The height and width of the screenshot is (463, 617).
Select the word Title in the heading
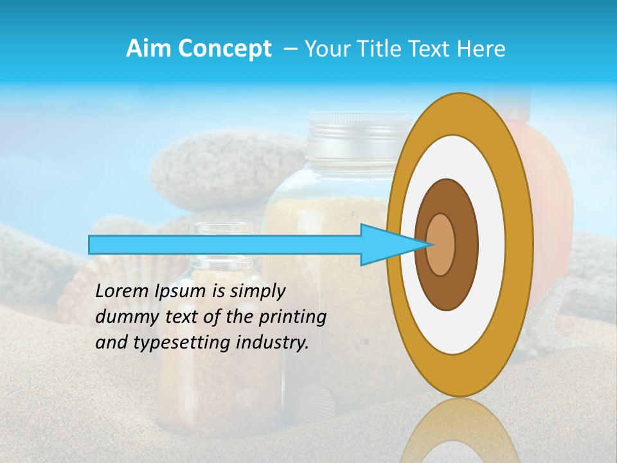coord(384,49)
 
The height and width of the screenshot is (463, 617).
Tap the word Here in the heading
coord(481,49)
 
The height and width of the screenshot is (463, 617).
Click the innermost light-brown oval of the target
coord(441,244)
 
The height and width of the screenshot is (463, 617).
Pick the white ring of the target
coord(488,244)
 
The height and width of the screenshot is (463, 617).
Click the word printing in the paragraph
coord(295,317)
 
